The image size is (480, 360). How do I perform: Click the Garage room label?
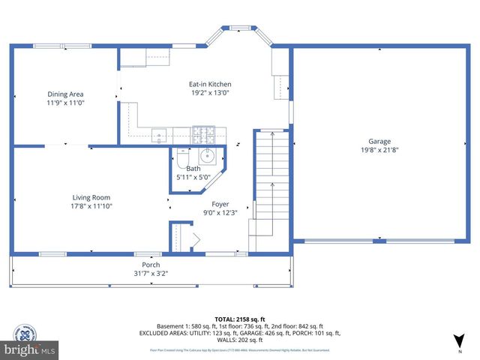coord(379,141)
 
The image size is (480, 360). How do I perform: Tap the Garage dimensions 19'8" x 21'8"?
coord(379,150)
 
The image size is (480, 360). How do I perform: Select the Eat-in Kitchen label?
coord(210,84)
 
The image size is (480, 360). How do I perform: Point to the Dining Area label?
coord(65,94)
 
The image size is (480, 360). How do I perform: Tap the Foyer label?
coord(220,204)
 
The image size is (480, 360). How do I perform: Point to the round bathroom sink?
coord(208,157)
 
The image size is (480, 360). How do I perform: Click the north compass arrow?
coord(460,341)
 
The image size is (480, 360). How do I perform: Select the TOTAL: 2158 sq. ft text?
coord(240,317)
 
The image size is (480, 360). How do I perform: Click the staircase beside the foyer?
coord(271,187)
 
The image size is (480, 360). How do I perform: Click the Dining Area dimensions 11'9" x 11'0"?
coord(65,103)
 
